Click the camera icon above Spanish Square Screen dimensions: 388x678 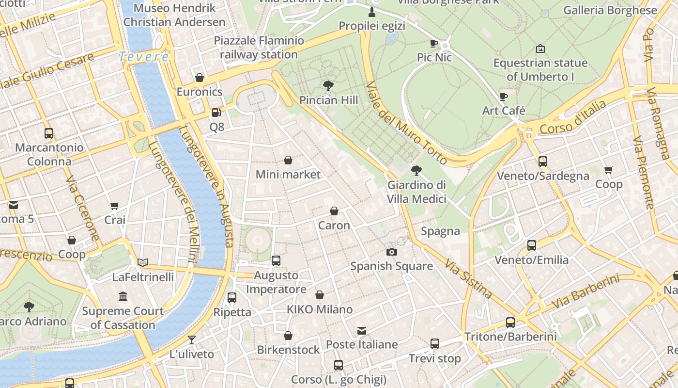tap(391, 252)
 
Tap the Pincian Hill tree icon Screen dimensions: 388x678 tap(328, 86)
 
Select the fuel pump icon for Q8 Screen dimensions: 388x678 tap(216, 113)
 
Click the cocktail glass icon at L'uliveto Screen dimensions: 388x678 tap(192, 339)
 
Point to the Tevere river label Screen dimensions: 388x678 tap(144, 57)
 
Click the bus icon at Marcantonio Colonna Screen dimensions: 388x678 tap(48, 133)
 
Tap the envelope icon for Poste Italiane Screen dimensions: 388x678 tap(361, 330)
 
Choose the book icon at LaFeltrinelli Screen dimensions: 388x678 tap(143, 262)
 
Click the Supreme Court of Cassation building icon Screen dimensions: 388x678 tap(123, 296)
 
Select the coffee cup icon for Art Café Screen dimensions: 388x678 tap(504, 96)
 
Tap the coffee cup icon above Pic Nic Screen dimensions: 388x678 tap(434, 43)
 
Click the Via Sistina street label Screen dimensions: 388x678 tap(468, 279)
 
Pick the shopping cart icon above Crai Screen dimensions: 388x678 tap(115, 206)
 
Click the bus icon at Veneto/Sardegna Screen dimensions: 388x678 tap(542, 162)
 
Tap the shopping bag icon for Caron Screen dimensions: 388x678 tap(334, 211)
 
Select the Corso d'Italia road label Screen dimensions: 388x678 tap(572, 117)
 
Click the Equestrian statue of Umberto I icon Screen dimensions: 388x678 tap(540, 48)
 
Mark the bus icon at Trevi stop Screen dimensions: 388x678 tap(435, 344)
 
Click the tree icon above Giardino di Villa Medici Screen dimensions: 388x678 tap(416, 171)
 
